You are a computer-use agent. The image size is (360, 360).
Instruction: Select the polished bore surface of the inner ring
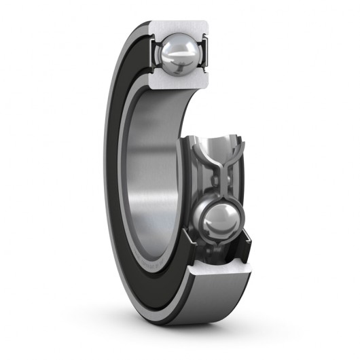click(x=153, y=156)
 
